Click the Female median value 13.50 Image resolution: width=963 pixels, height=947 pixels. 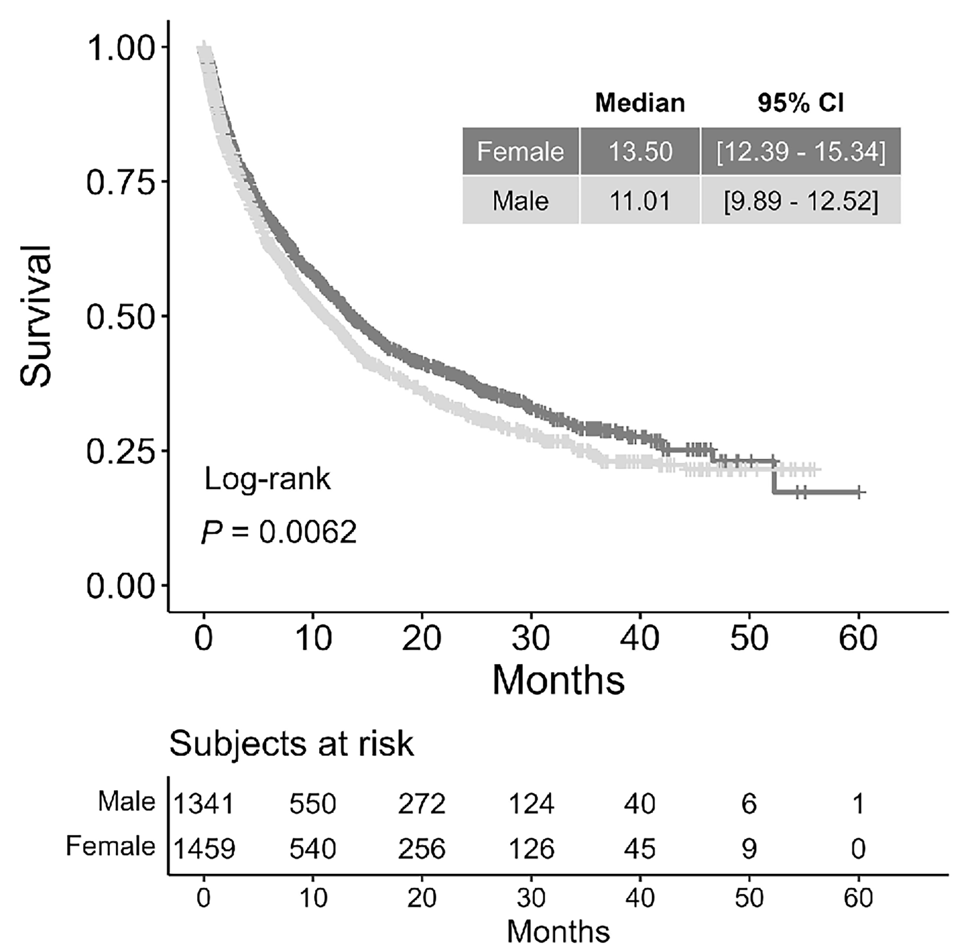pos(640,152)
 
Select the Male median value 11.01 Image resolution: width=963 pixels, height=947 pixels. pos(640,201)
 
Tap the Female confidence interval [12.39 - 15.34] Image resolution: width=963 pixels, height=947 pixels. pos(800,152)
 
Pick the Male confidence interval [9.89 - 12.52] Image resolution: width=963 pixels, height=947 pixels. pos(800,201)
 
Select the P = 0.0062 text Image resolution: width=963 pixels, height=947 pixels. pos(279,532)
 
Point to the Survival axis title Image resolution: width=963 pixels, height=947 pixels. pos(36,316)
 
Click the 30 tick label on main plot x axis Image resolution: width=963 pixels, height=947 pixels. pos(531,638)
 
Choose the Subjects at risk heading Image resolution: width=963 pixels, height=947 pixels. pos(291,744)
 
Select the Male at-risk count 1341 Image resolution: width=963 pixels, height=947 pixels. pos(204,804)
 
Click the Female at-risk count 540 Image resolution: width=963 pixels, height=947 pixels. pos(313,849)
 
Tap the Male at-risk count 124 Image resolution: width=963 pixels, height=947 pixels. pos(531,804)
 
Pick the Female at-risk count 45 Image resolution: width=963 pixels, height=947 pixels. pos(640,849)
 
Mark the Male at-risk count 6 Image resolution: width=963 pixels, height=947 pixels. pos(749,804)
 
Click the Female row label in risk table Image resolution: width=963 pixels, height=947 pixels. pos(110,847)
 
